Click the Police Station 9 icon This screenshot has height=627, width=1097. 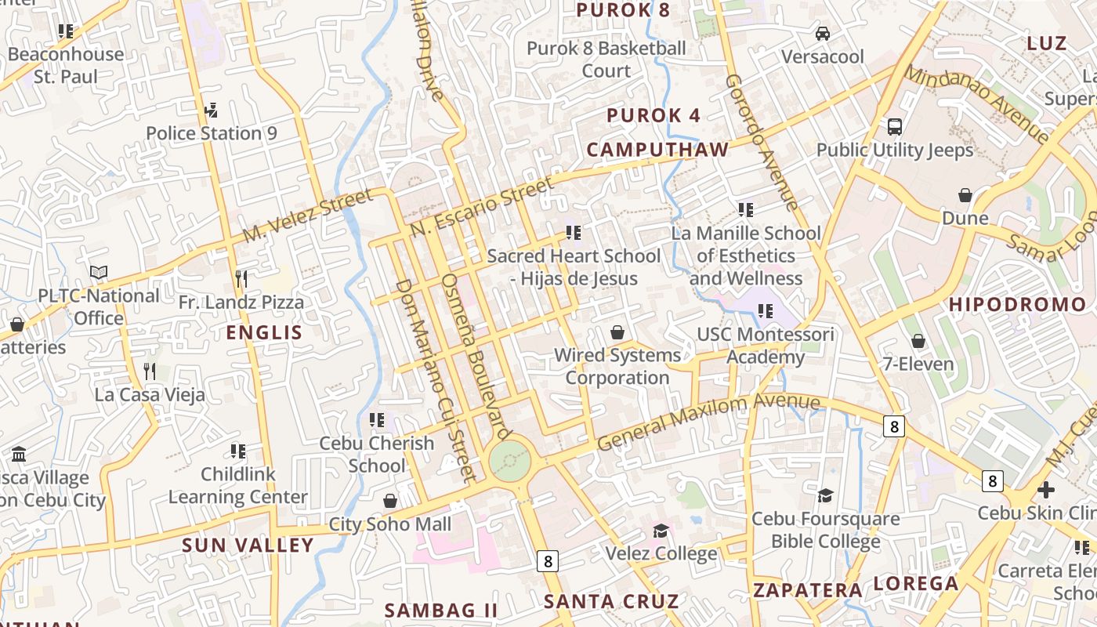pos(210,110)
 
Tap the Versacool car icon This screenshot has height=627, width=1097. pos(823,34)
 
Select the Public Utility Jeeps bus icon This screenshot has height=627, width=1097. pos(894,126)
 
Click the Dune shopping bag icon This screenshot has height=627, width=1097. pos(965,194)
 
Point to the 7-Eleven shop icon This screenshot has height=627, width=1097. pos(918,341)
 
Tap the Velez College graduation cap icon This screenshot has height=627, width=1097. pos(661,531)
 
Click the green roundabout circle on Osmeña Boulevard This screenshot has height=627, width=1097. pos(510,461)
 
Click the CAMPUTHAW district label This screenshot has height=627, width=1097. pos(657,150)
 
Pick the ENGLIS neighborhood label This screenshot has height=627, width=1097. pos(264,332)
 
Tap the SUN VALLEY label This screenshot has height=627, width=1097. pos(248,545)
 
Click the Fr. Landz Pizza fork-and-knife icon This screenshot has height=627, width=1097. pos(241,278)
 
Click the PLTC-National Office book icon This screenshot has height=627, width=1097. pos(99,273)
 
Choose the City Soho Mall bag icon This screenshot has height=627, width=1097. pos(390,501)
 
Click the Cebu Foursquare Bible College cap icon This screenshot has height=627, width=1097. pos(825,495)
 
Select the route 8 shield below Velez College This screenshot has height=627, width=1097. pos(548,561)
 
